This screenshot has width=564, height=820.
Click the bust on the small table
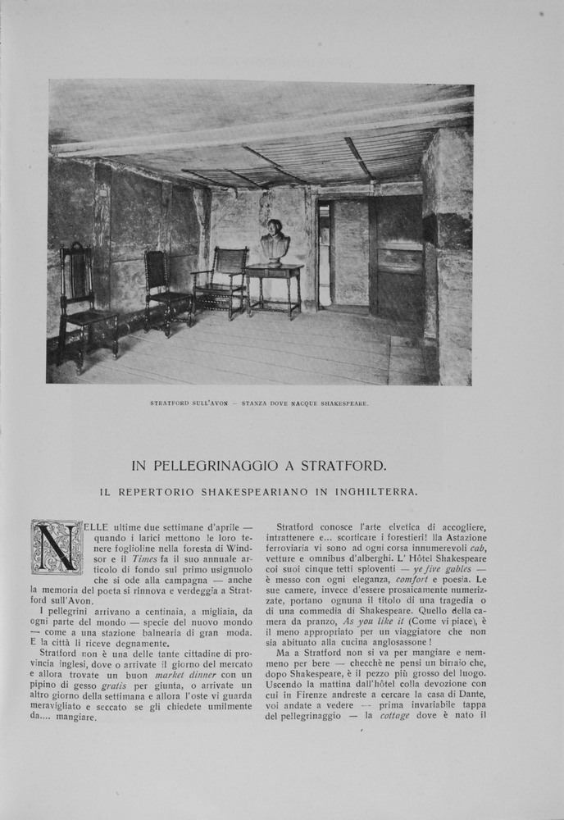coord(275,243)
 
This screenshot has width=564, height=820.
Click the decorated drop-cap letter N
coord(57,547)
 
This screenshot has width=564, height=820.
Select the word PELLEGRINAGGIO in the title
coord(232,466)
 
